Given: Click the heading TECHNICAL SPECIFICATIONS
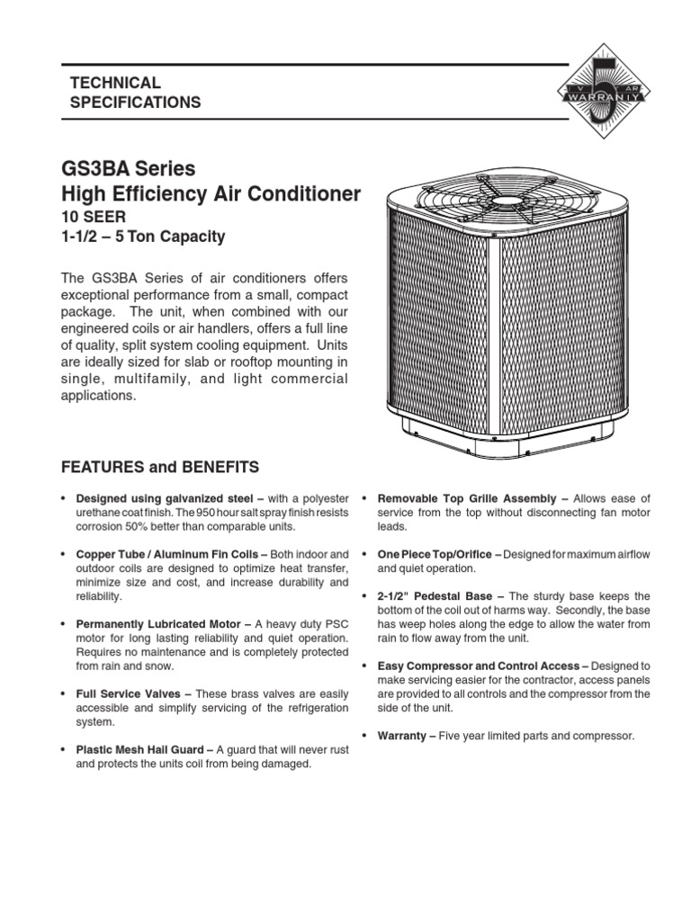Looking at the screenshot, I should [x=135, y=93].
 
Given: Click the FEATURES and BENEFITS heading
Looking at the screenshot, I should [x=159, y=467].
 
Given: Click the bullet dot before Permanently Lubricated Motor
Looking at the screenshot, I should [x=63, y=624].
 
